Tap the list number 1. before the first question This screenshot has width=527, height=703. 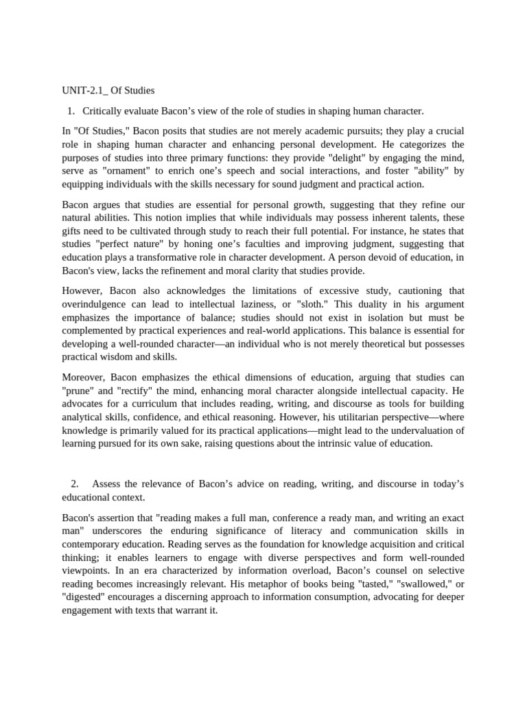click(x=71, y=111)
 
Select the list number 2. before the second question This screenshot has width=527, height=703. click(x=75, y=484)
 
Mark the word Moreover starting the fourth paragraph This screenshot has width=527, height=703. click(x=82, y=377)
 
